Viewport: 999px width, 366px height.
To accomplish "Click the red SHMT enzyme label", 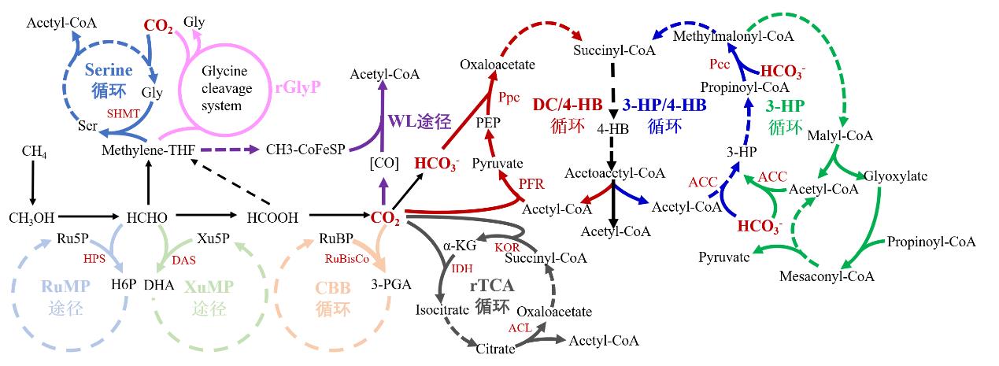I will (124, 113).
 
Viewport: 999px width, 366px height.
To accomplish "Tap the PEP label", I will (488, 123).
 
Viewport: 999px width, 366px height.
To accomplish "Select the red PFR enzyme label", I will (531, 184).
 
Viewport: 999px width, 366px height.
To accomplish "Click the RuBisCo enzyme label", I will (346, 258).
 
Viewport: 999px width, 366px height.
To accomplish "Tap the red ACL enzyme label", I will (520, 327).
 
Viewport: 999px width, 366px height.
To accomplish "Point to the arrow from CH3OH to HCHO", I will (88, 216).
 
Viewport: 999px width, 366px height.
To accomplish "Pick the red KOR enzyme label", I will (507, 247).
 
